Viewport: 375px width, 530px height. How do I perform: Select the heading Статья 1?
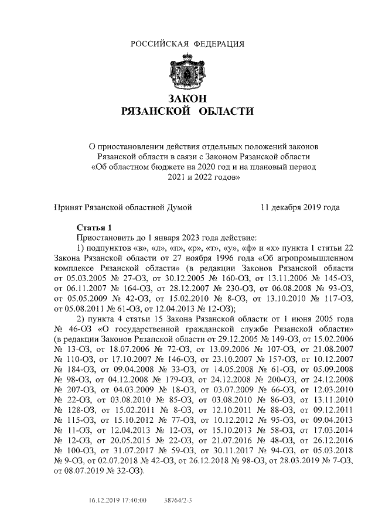tap(94, 227)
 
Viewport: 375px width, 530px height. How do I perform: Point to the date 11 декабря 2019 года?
tap(299, 207)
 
